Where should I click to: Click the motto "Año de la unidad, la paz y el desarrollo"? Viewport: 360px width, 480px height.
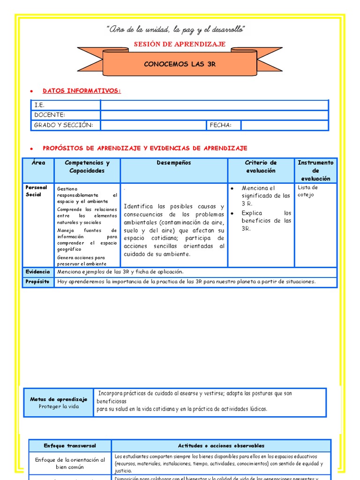pyautogui.click(x=176, y=30)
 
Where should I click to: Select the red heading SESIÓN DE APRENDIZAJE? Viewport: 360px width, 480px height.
pyautogui.click(x=180, y=44)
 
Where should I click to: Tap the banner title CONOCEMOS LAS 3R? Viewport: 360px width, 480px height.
pyautogui.click(x=180, y=64)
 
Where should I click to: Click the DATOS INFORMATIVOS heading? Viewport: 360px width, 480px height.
pyautogui.click(x=82, y=90)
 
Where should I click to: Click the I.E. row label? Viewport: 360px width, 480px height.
pyautogui.click(x=39, y=105)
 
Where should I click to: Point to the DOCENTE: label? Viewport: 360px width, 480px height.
pyautogui.click(x=50, y=115)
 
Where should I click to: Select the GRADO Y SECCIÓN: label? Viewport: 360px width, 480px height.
pyautogui.click(x=64, y=125)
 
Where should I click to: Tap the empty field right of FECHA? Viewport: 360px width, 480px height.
pyautogui.click(x=285, y=125)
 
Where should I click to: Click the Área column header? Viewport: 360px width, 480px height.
pyautogui.click(x=38, y=163)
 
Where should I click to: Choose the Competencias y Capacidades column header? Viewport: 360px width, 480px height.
pyautogui.click(x=87, y=167)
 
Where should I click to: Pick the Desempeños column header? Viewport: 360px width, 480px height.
pyautogui.click(x=174, y=163)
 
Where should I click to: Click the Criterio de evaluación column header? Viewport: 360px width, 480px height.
pyautogui.click(x=261, y=167)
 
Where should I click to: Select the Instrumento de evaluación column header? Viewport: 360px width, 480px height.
pyautogui.click(x=315, y=171)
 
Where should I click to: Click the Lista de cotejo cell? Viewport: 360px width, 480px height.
pyautogui.click(x=308, y=191)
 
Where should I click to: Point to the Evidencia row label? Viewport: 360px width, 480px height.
pyautogui.click(x=37, y=272)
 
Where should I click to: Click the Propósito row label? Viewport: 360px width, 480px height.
pyautogui.click(x=37, y=282)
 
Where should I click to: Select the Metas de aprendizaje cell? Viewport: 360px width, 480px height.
pyautogui.click(x=59, y=403)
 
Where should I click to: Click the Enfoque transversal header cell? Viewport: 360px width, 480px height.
pyautogui.click(x=70, y=446)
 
